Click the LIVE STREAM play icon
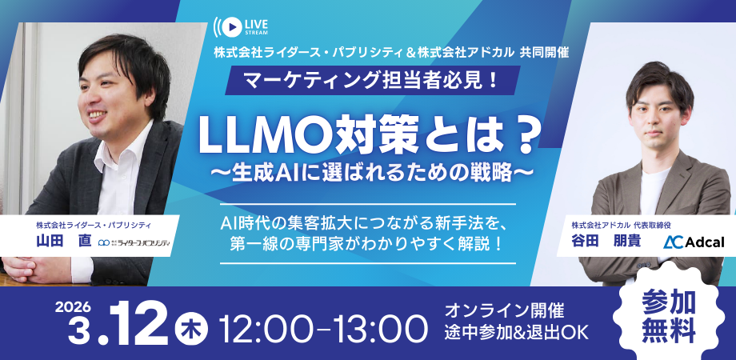(x=229, y=25)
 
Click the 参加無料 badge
(x=667, y=314)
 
